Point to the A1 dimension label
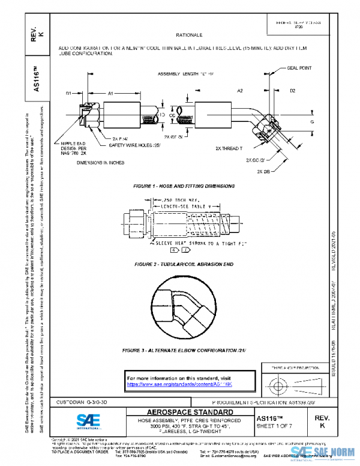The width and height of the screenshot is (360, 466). click(111, 94)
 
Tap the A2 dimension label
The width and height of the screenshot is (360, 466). click(239, 90)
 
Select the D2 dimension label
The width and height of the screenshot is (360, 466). click(292, 91)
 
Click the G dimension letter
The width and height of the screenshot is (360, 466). click(312, 122)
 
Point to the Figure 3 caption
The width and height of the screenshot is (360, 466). click(180, 349)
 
